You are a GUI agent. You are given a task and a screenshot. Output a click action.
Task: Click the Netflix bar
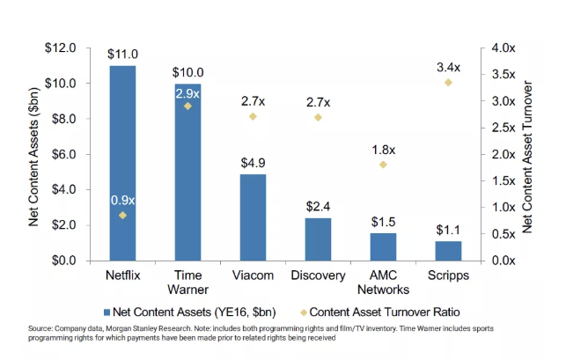[122, 163]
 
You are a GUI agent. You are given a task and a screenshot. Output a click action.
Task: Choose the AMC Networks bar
[383, 247]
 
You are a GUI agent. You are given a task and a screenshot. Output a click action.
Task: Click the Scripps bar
[448, 251]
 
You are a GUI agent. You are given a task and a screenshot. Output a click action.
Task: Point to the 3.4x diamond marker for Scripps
[448, 82]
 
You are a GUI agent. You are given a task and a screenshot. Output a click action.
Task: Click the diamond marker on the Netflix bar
[122, 215]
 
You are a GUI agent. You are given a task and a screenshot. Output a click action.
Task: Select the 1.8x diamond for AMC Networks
[383, 165]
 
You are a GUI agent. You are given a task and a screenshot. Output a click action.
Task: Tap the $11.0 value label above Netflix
[122, 54]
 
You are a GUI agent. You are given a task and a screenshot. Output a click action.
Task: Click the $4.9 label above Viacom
[253, 163]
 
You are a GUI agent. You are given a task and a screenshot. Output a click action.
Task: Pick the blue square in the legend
[107, 311]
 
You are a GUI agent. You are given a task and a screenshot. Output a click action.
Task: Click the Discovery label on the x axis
[318, 276]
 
